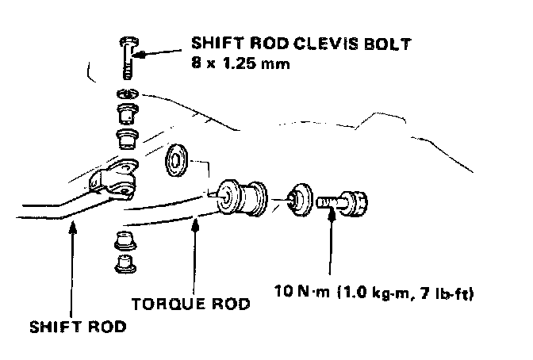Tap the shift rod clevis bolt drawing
click(x=129, y=56)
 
